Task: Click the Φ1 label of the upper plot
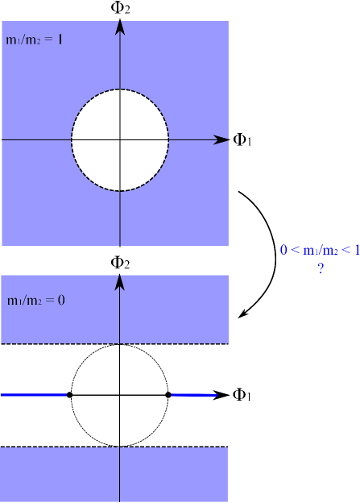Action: coord(242,140)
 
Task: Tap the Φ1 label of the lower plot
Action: coord(242,395)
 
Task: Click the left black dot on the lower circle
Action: coord(70,395)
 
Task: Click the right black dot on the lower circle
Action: coord(168,395)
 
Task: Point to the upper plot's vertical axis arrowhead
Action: coord(119,26)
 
